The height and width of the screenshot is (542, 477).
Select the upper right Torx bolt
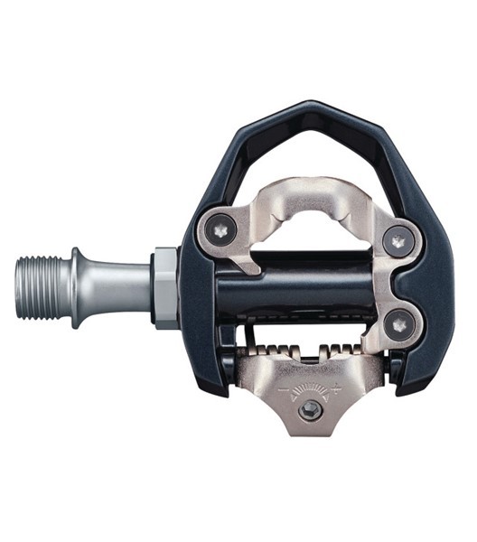[x=394, y=239]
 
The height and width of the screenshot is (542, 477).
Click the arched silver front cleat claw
[x=307, y=185]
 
